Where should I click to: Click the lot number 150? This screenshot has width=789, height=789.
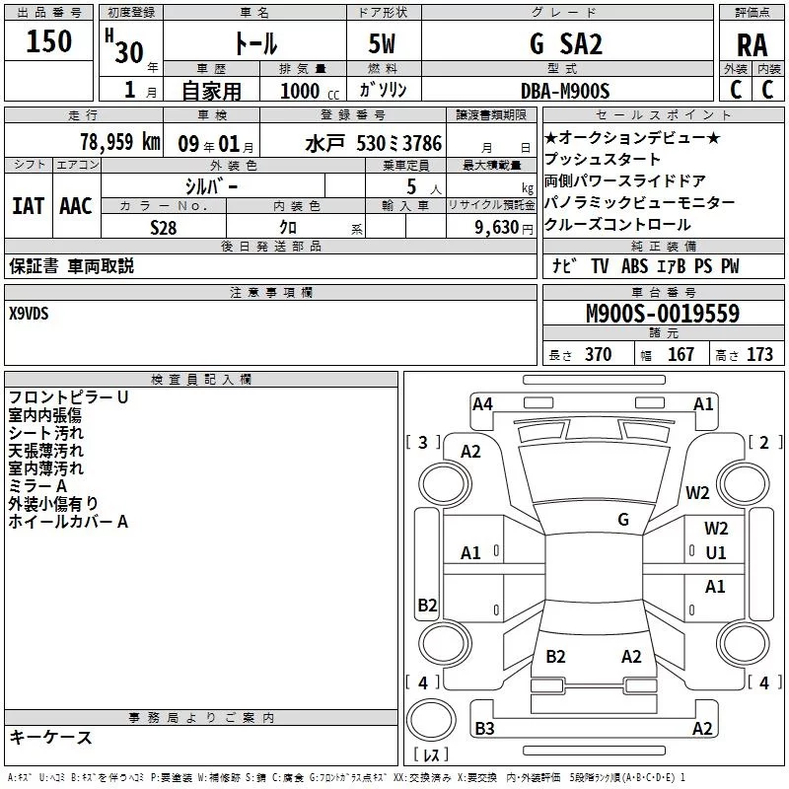[49, 41]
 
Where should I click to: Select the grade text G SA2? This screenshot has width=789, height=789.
[565, 44]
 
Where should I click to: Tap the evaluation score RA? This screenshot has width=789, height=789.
[752, 45]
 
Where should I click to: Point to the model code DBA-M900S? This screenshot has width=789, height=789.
[565, 91]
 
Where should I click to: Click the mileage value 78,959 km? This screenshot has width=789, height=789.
[119, 142]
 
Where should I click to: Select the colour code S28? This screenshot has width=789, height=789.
[163, 227]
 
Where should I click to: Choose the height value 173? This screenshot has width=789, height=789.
[759, 355]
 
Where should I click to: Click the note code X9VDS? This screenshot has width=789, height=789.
[29, 314]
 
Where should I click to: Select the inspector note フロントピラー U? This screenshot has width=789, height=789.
[68, 397]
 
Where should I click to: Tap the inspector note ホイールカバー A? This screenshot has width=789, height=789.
[68, 522]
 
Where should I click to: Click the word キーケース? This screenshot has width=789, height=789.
[50, 738]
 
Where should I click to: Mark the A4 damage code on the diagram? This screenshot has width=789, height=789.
[482, 403]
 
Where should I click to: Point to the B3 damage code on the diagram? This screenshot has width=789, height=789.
[484, 729]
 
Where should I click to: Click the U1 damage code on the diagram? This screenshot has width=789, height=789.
[716, 553]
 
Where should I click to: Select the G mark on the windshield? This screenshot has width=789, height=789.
[623, 520]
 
